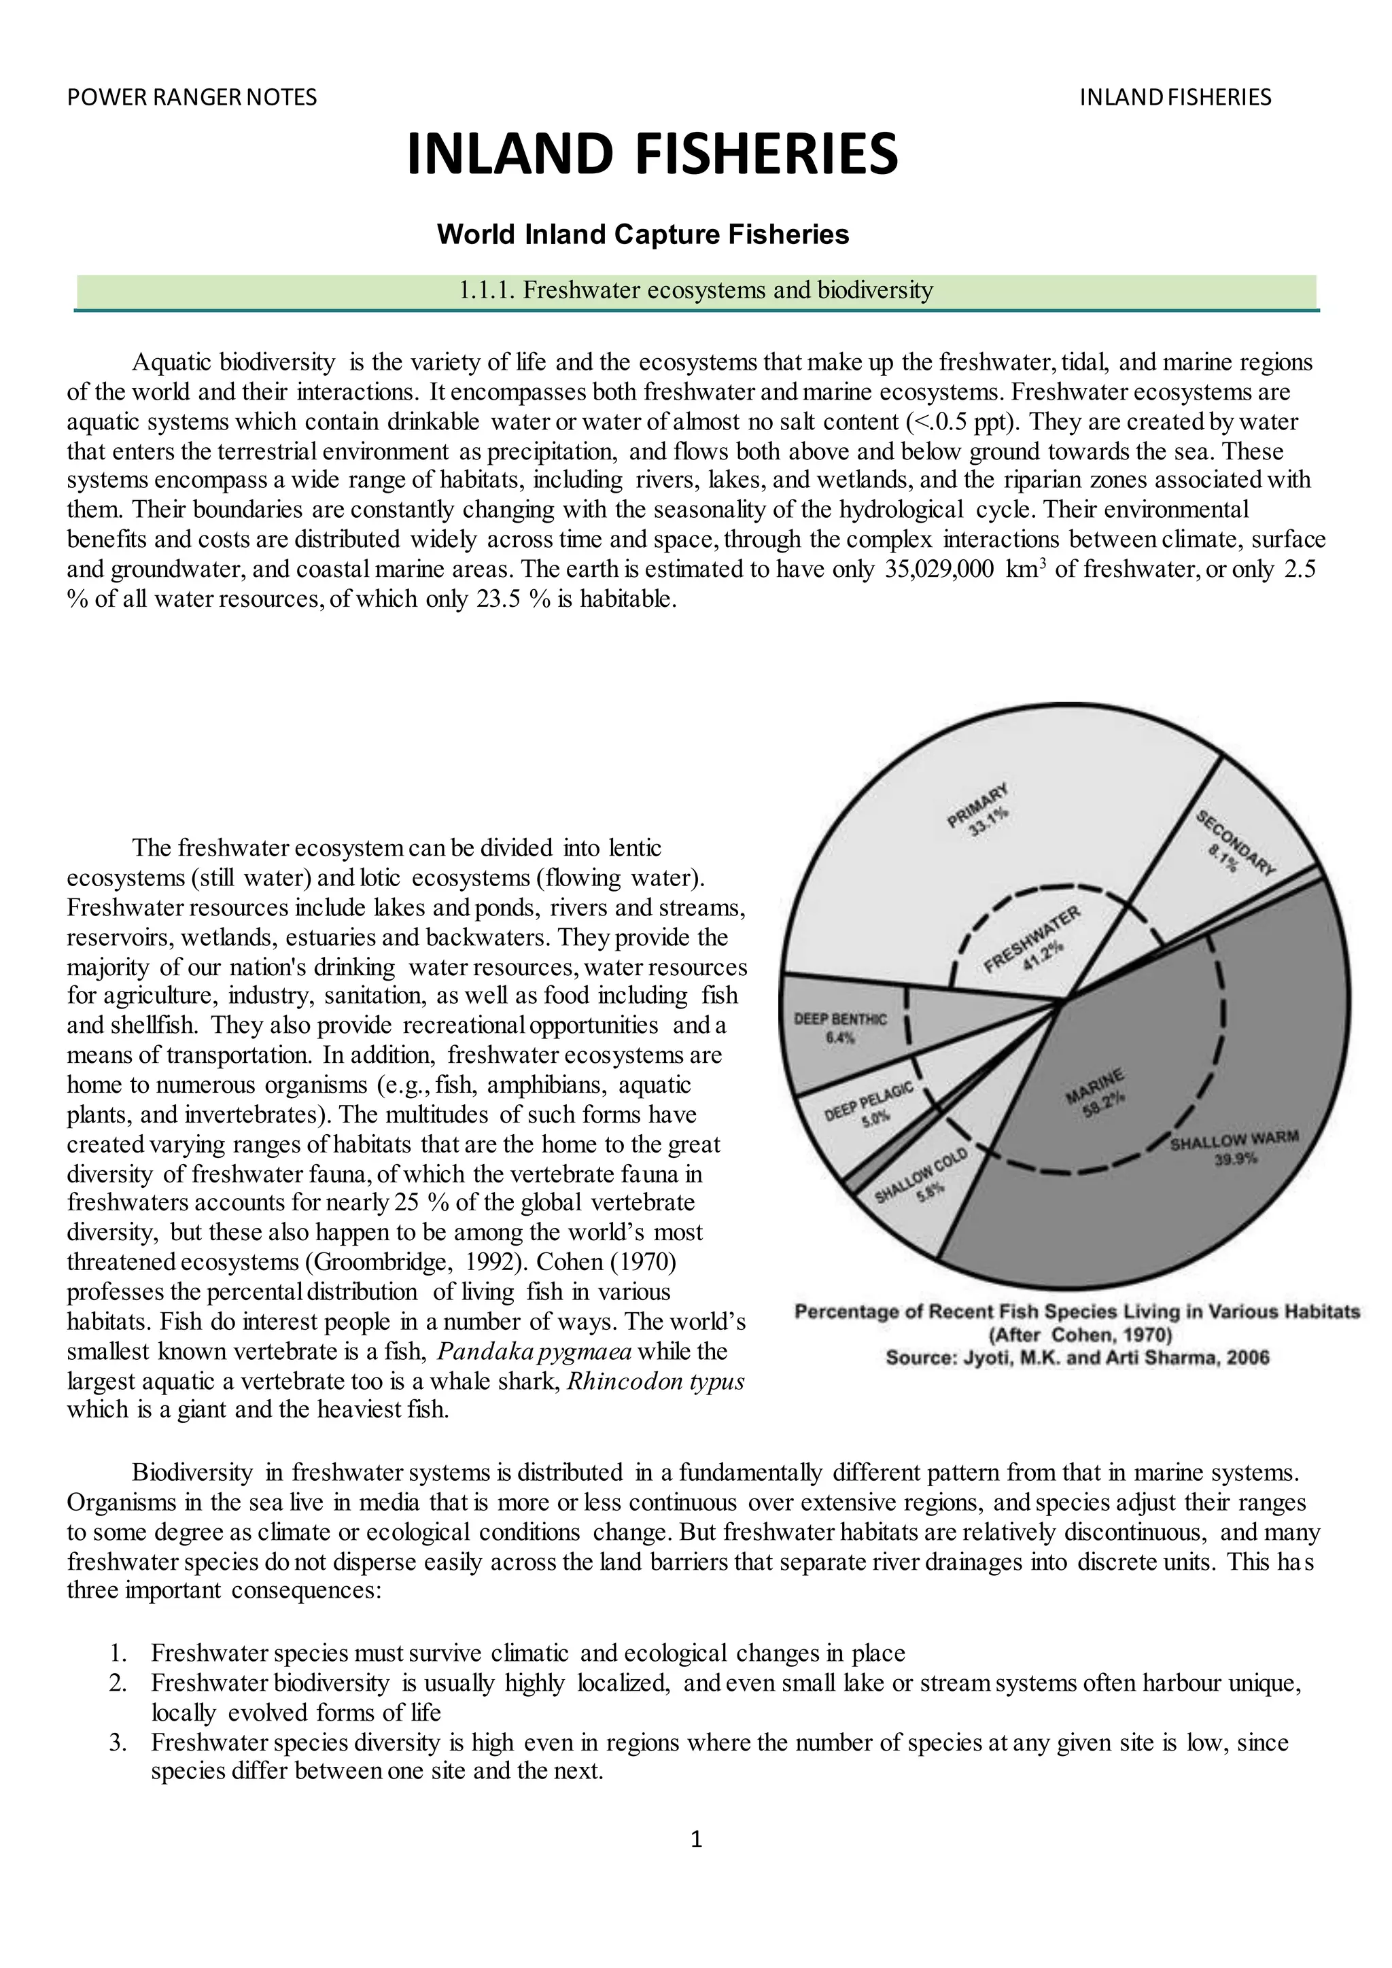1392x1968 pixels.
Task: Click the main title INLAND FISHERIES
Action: [x=652, y=154]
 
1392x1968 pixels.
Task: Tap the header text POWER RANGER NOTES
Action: [x=192, y=98]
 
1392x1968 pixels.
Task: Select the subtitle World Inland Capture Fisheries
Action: [x=643, y=234]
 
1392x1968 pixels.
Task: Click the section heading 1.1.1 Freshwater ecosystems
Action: [x=695, y=291]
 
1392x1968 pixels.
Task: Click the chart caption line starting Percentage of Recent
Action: [x=1077, y=1312]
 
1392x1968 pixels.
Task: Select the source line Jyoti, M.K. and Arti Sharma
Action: [x=1077, y=1358]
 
